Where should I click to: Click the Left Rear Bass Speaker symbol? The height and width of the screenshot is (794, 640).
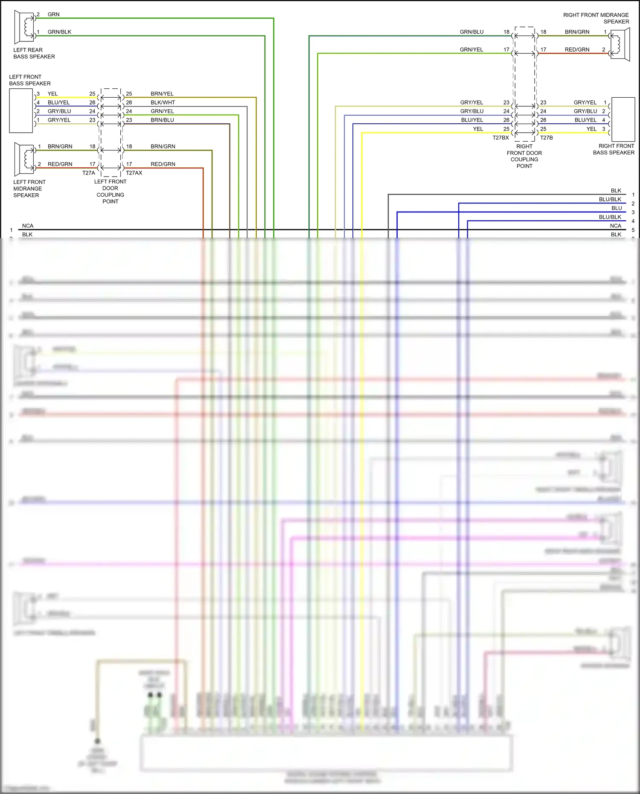point(24,26)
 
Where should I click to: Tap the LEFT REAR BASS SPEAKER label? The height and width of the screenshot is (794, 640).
point(34,53)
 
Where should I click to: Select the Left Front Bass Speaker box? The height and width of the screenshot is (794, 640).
point(21,111)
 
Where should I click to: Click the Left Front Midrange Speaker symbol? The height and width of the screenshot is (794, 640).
point(24,159)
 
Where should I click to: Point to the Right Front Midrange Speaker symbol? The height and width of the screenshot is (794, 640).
point(620,44)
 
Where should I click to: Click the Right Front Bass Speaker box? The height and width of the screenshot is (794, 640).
point(623,119)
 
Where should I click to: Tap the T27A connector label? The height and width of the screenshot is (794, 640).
point(89,173)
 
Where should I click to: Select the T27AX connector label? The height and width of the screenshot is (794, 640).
point(134,173)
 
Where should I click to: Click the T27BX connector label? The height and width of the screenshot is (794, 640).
point(500,138)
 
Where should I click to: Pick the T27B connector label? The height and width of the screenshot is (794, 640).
point(547,138)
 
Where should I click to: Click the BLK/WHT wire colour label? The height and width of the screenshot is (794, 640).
point(163,102)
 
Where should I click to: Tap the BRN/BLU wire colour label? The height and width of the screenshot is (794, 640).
point(162,120)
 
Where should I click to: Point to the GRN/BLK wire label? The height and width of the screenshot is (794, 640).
point(59,32)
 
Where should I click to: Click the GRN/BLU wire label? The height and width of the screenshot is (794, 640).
point(471,32)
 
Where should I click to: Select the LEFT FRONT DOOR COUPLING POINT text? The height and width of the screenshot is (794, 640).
point(110,191)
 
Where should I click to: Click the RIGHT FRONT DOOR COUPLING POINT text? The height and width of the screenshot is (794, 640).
point(524,156)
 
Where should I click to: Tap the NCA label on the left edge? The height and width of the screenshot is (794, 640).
point(28,226)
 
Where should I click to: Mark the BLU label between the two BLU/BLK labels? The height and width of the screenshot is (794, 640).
point(617,208)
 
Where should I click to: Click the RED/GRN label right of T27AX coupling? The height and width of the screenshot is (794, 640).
point(163,164)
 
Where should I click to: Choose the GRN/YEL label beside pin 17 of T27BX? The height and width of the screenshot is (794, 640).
point(471,49)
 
